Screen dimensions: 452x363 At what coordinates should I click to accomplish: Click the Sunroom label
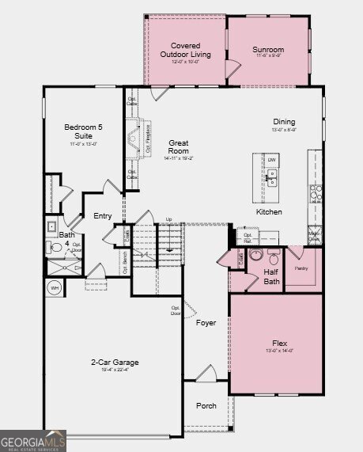[268, 49]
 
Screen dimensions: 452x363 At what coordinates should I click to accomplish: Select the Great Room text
[178, 146]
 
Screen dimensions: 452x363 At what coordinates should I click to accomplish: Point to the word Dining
[284, 121]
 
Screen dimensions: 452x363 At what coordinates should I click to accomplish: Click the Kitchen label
[269, 212]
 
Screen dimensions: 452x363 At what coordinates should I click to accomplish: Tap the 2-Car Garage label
[115, 363]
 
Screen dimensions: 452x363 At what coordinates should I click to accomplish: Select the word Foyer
[206, 322]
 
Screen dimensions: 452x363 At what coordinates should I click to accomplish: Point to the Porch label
[206, 406]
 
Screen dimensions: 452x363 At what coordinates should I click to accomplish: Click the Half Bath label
[270, 276]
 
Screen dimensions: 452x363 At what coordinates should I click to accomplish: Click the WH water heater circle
[55, 288]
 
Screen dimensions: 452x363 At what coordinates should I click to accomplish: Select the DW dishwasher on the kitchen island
[271, 160]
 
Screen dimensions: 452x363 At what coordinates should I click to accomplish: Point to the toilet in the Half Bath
[273, 257]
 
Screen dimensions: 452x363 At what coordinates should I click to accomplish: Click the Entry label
[103, 216]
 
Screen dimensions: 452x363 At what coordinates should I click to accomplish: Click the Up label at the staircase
[168, 219]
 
